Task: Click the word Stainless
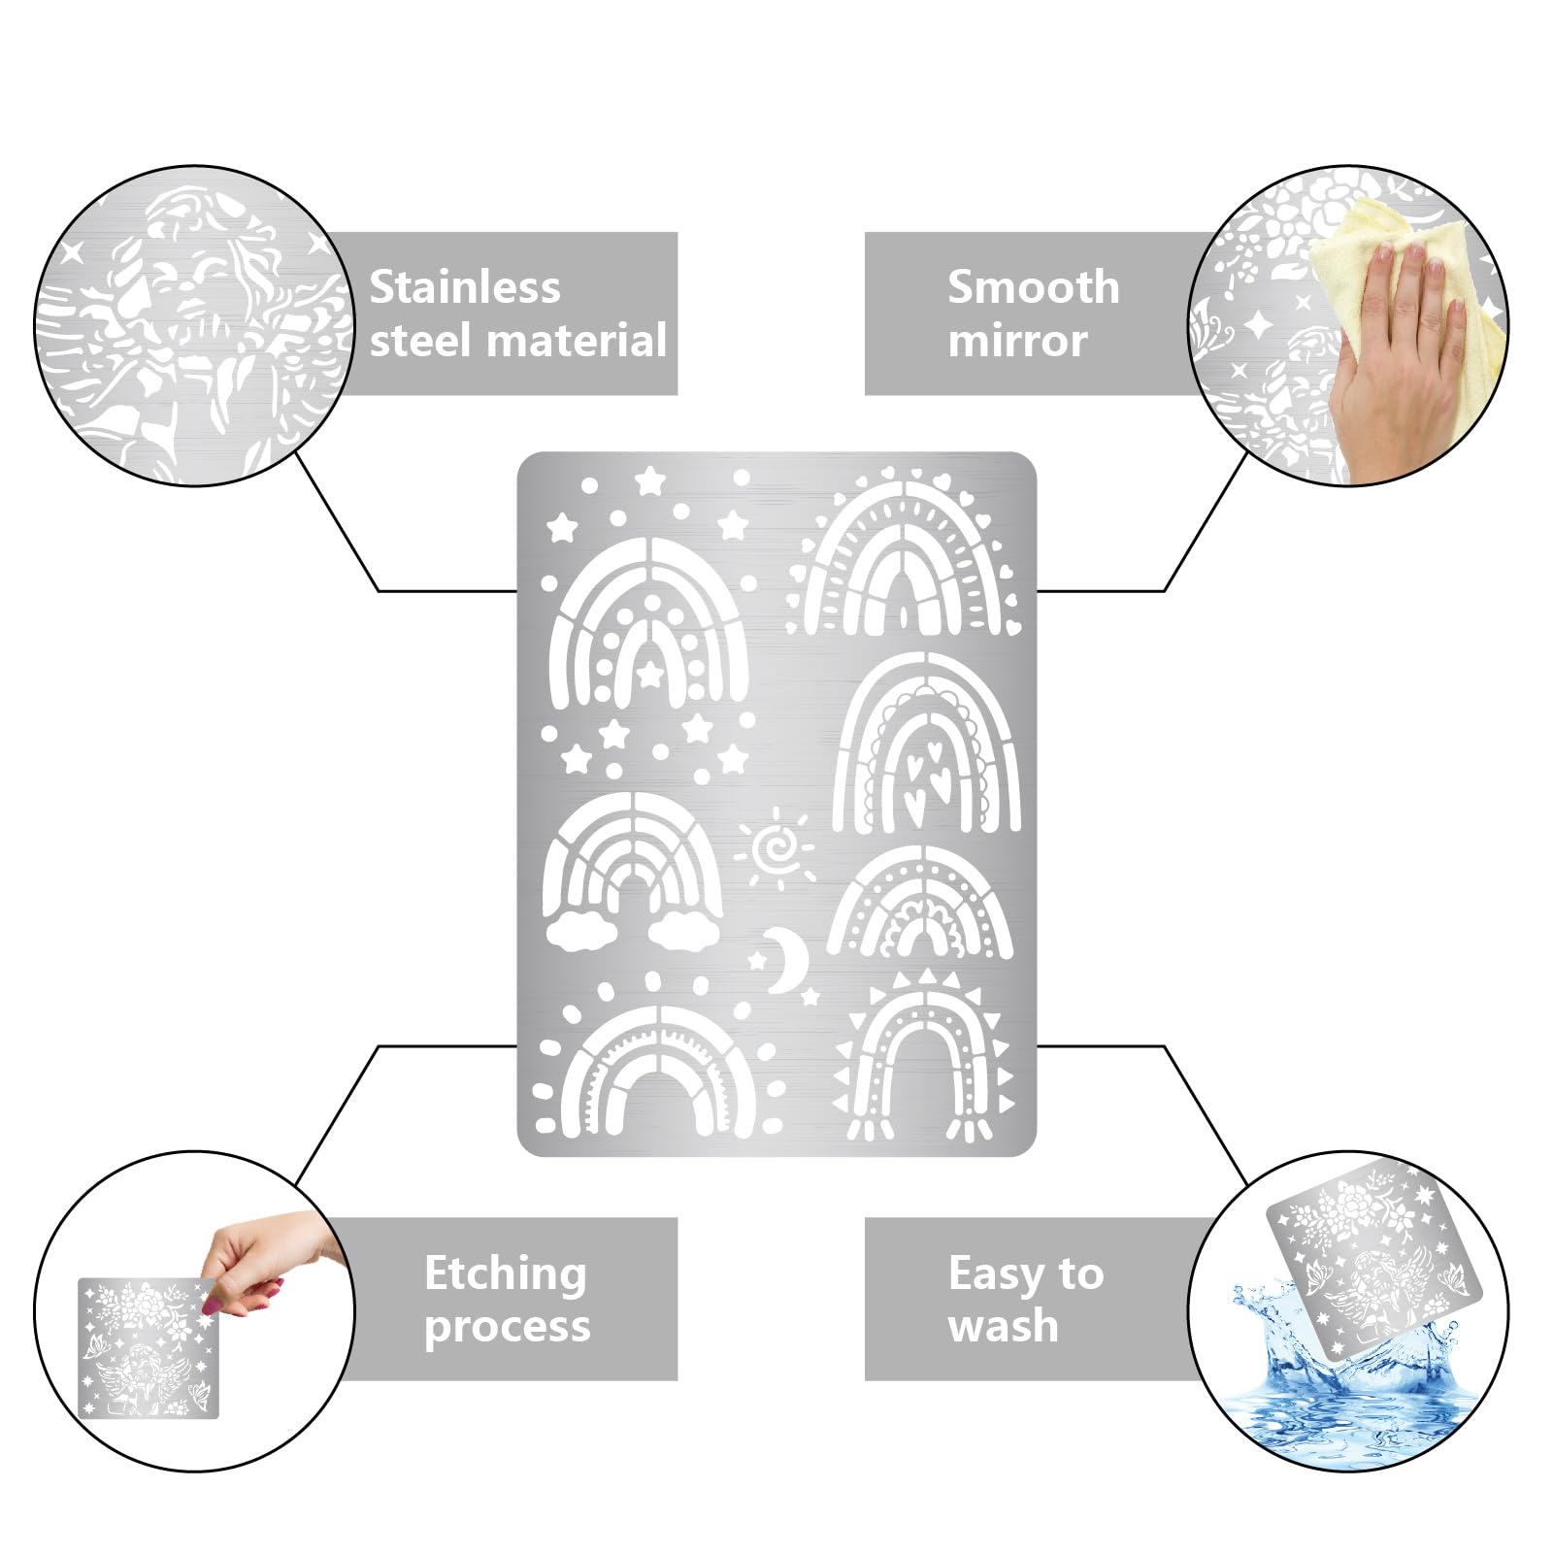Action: tap(465, 287)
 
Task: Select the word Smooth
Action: tap(1033, 287)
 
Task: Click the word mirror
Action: tap(1017, 341)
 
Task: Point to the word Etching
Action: tap(506, 1274)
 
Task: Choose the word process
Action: tap(508, 1327)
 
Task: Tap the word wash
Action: tap(1003, 1326)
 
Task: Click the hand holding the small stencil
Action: tap(262, 1257)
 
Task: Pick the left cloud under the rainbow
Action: tap(581, 931)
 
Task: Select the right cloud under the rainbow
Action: tap(685, 931)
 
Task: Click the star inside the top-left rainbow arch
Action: tap(649, 672)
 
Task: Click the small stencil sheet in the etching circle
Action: tap(149, 1348)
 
